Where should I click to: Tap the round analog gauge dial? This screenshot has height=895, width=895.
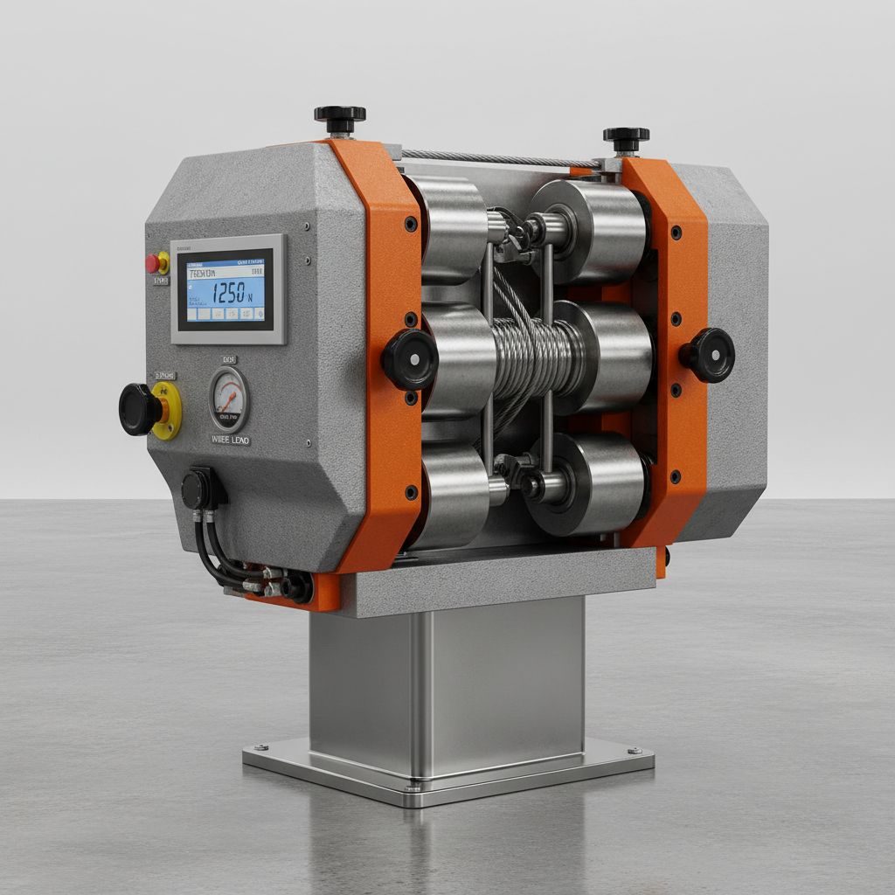click(229, 399)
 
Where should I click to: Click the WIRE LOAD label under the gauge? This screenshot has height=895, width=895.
click(229, 440)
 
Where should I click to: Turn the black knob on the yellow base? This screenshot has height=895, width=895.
click(141, 409)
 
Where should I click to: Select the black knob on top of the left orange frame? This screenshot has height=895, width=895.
click(340, 115)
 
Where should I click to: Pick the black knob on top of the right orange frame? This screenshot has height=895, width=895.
click(626, 137)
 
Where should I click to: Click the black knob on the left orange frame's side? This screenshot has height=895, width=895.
click(409, 359)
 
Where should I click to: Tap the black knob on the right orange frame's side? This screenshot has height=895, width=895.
click(709, 355)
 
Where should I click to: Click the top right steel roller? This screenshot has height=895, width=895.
click(594, 230)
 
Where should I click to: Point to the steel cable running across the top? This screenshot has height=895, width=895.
click(498, 158)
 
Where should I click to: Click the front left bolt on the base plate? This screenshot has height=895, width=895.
click(260, 748)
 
